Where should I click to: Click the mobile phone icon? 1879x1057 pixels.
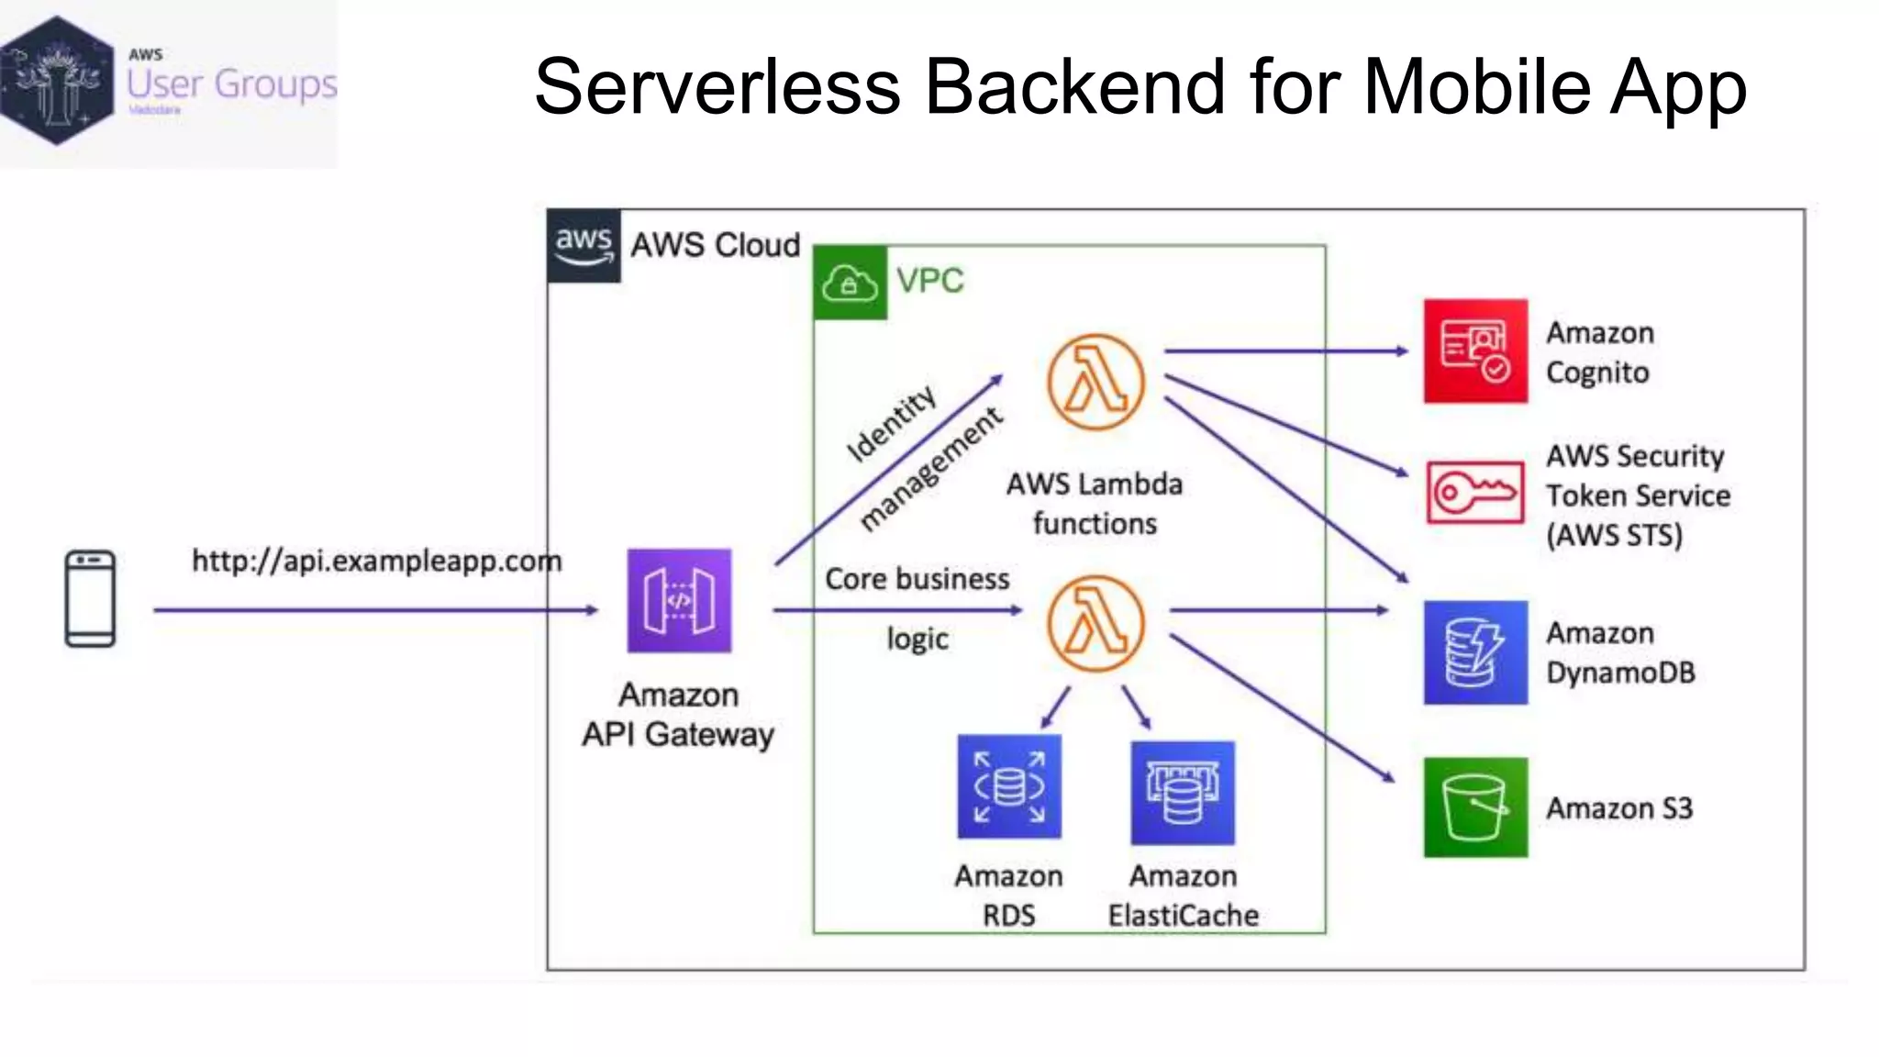(x=90, y=598)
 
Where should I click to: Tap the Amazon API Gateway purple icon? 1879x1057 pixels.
(x=679, y=600)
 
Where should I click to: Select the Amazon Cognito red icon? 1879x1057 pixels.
(x=1475, y=350)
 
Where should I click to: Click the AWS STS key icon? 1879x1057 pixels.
(x=1475, y=493)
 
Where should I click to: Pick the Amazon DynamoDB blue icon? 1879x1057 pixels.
(x=1475, y=652)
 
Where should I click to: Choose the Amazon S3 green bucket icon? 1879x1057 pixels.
(x=1475, y=807)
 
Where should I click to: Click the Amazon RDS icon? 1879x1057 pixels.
(x=1009, y=786)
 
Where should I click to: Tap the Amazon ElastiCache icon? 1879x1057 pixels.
(x=1183, y=793)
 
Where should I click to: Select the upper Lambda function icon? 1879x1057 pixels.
(x=1095, y=382)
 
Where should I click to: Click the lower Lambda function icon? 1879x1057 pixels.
(x=1095, y=624)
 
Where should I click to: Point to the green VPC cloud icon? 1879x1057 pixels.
(x=850, y=283)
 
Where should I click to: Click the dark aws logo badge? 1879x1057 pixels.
(x=584, y=245)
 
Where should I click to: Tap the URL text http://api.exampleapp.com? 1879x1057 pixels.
(x=376, y=561)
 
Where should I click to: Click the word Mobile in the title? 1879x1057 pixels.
(x=1477, y=86)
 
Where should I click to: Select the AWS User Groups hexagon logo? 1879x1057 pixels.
(x=58, y=81)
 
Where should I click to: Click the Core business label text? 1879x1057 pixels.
(x=917, y=579)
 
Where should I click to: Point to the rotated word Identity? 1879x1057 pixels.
(x=890, y=423)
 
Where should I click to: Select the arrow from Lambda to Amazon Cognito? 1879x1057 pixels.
(x=1284, y=350)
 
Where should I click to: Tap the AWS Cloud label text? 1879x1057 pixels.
(x=715, y=245)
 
